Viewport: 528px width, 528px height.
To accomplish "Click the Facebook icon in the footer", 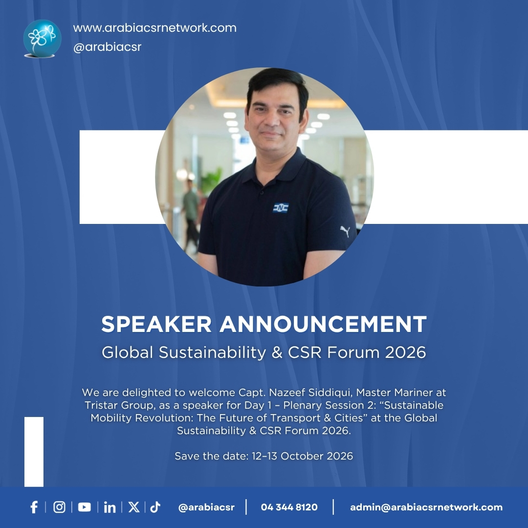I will (x=34, y=507).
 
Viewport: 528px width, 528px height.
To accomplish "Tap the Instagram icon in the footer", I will (x=59, y=507).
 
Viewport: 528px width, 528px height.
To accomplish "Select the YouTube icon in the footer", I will (x=85, y=507).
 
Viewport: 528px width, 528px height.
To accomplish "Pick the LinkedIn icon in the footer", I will (x=110, y=507).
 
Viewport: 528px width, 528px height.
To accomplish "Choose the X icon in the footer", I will (x=133, y=507).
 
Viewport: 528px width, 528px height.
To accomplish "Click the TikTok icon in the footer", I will (x=155, y=507).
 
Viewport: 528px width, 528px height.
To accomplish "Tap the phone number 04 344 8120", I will (x=289, y=507).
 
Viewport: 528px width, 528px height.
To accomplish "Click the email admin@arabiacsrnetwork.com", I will (x=426, y=507).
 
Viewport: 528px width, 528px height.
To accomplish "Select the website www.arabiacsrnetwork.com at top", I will (x=154, y=28).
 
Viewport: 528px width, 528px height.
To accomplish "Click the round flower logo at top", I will (x=42, y=38).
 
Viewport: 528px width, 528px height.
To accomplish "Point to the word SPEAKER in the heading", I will (x=156, y=324).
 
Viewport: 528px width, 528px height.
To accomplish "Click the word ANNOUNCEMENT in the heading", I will (x=323, y=324).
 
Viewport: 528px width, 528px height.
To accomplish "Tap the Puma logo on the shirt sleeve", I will (x=345, y=231).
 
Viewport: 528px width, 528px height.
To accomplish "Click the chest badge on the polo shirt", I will (x=281, y=208).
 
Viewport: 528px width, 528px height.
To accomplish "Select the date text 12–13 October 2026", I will (x=302, y=456).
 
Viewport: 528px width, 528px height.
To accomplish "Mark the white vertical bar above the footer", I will (x=34, y=452).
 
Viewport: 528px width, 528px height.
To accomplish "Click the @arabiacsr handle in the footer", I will (x=206, y=507).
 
